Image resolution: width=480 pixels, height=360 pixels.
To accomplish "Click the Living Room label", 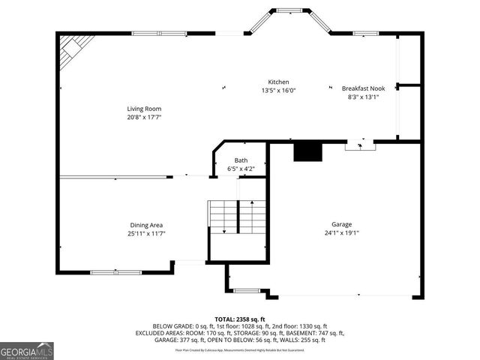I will click(143, 109).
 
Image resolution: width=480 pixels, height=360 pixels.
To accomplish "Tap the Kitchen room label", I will click(278, 82).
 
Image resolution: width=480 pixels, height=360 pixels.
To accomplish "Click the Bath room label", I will click(241, 160).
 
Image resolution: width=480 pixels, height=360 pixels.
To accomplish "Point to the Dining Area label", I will click(146, 225).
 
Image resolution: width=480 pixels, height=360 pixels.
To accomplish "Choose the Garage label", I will click(341, 224).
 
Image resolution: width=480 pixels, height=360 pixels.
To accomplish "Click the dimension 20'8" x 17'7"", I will click(143, 117).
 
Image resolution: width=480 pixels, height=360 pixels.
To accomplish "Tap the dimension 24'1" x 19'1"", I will click(341, 232).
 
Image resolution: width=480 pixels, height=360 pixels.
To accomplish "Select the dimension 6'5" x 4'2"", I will click(241, 169).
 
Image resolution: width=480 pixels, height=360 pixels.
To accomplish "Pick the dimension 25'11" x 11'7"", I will click(146, 233).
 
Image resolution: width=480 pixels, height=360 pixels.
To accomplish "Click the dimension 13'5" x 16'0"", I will click(278, 91).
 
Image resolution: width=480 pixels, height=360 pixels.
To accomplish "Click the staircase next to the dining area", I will click(238, 217).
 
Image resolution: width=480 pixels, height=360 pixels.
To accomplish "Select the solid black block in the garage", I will click(307, 151).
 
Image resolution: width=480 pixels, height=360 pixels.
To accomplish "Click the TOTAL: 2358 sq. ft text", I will click(240, 319).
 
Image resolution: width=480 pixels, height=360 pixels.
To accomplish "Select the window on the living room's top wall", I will click(159, 33).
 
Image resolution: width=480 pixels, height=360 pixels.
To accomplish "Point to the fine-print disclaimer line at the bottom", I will click(240, 349).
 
